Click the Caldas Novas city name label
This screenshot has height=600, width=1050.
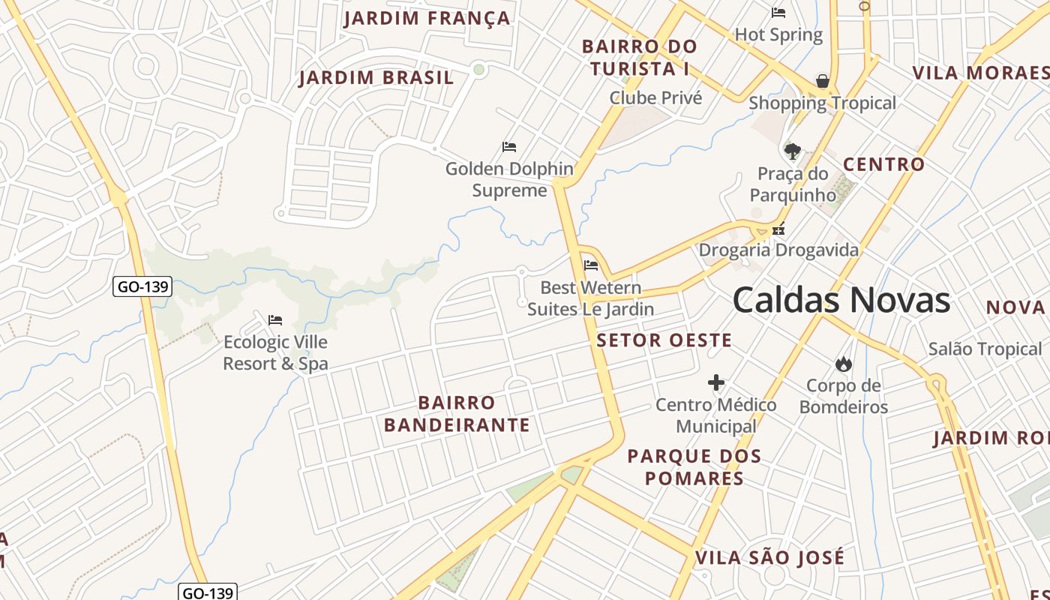pos(841,301)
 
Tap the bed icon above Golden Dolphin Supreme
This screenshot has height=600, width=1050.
pos(509,147)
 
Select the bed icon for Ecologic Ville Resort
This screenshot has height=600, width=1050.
pos(275,320)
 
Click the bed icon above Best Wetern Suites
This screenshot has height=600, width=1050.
pos(591,265)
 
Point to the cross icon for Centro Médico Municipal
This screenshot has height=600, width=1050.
pos(716,383)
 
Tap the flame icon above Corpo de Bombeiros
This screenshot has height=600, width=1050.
pos(844,364)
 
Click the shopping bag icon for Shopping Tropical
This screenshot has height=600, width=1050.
pos(823,81)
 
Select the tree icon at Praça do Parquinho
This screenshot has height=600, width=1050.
pos(792,151)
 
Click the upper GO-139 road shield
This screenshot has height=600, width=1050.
pos(142,286)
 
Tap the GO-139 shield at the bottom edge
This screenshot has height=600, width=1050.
pos(208,592)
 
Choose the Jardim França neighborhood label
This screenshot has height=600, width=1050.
pos(427,18)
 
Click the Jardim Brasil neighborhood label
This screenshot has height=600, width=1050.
pos(376,77)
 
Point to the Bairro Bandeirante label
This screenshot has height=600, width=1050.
pos(457,414)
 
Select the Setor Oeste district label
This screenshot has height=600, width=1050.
pos(664,340)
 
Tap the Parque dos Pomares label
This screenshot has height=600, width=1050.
pos(694,467)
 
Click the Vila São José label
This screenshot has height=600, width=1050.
pos(769,558)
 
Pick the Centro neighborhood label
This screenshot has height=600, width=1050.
pos(883,164)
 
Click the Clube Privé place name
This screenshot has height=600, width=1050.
pos(655,98)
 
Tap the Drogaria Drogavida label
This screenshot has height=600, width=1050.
pos(778,250)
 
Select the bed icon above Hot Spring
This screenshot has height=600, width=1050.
pos(778,13)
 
